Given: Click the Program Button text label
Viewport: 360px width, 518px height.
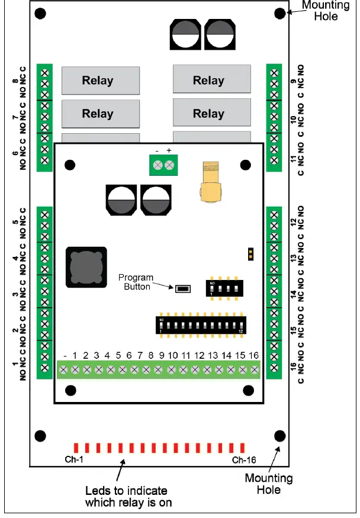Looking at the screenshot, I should click(136, 282).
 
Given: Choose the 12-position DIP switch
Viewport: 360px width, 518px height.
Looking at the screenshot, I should click(201, 324).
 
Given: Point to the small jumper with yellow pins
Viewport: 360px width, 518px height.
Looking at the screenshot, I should click(251, 255).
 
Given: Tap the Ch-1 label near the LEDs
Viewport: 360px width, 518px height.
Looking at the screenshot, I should click(74, 459).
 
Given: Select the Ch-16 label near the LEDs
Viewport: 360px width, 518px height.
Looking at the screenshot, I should click(243, 459).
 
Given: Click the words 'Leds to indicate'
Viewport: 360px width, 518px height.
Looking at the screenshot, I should click(126, 491).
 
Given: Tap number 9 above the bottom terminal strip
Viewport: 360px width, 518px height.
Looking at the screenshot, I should click(161, 355).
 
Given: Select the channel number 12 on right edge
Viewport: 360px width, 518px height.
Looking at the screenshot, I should click(294, 223).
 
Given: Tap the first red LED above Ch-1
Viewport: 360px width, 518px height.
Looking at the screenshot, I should click(75, 448).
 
